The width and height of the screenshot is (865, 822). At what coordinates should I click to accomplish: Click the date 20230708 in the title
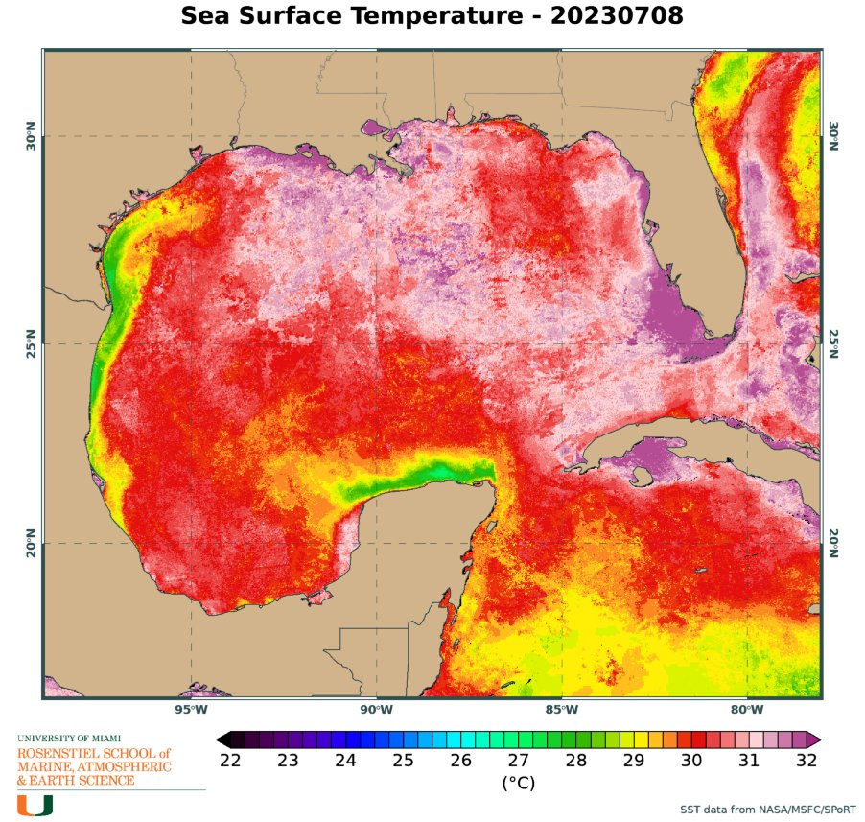click(x=620, y=18)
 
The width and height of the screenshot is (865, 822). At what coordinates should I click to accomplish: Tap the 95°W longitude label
click(x=191, y=710)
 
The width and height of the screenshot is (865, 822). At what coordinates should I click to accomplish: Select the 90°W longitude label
click(x=377, y=710)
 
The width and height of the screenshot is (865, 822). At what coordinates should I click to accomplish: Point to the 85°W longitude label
click(x=562, y=710)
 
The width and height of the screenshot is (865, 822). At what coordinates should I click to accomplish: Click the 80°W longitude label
click(x=747, y=710)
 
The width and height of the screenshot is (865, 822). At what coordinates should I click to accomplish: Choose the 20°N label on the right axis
click(x=832, y=543)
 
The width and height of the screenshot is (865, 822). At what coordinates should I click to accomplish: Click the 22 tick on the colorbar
click(x=231, y=761)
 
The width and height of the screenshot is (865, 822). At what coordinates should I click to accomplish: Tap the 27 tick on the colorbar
click(x=519, y=761)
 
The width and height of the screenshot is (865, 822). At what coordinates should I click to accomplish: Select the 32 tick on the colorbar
click(x=807, y=761)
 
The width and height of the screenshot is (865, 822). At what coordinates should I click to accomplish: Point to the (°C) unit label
click(x=519, y=783)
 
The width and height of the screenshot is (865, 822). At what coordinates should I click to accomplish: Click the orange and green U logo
click(x=35, y=805)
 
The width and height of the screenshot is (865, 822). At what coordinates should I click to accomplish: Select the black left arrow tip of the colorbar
click(x=222, y=740)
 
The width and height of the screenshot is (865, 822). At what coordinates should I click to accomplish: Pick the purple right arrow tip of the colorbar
click(x=815, y=740)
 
